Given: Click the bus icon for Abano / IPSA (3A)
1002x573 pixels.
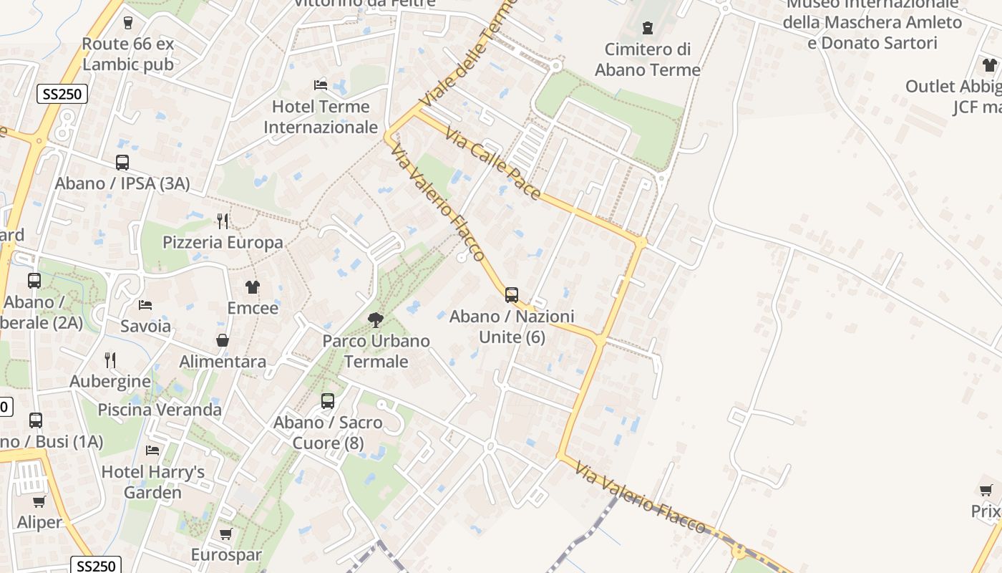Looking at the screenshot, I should (x=122, y=163).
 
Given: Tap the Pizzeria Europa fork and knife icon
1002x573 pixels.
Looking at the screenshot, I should (x=223, y=221).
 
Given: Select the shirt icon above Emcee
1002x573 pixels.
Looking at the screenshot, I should (x=252, y=287).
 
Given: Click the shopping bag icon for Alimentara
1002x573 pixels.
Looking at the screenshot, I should (x=223, y=340).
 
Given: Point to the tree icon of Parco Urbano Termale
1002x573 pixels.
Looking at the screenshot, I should (x=375, y=319).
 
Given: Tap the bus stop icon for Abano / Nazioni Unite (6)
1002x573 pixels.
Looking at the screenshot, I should (x=511, y=294).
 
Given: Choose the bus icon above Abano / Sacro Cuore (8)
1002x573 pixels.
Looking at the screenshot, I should (x=328, y=401).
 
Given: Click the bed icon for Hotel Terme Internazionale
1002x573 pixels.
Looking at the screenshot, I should (x=321, y=85).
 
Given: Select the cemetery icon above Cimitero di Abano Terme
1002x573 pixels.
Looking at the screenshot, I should (x=648, y=28).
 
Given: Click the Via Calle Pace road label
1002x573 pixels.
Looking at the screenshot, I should (x=492, y=163).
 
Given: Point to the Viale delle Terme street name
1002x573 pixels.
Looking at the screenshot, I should (x=469, y=54).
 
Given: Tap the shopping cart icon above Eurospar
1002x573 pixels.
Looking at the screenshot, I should (x=226, y=534).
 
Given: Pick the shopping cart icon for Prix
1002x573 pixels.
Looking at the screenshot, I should (x=986, y=490).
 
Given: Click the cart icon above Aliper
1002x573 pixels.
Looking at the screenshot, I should (x=39, y=501).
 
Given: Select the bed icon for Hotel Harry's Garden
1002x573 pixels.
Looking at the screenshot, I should (x=152, y=451).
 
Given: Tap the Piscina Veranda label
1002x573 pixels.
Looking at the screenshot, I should (x=160, y=410).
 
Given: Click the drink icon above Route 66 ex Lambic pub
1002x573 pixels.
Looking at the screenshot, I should (x=128, y=23).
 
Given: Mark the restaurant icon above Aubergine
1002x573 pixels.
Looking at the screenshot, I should (x=110, y=360).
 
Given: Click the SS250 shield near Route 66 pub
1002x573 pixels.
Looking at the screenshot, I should (x=62, y=94).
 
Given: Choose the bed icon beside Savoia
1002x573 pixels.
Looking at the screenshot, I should (x=145, y=305).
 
